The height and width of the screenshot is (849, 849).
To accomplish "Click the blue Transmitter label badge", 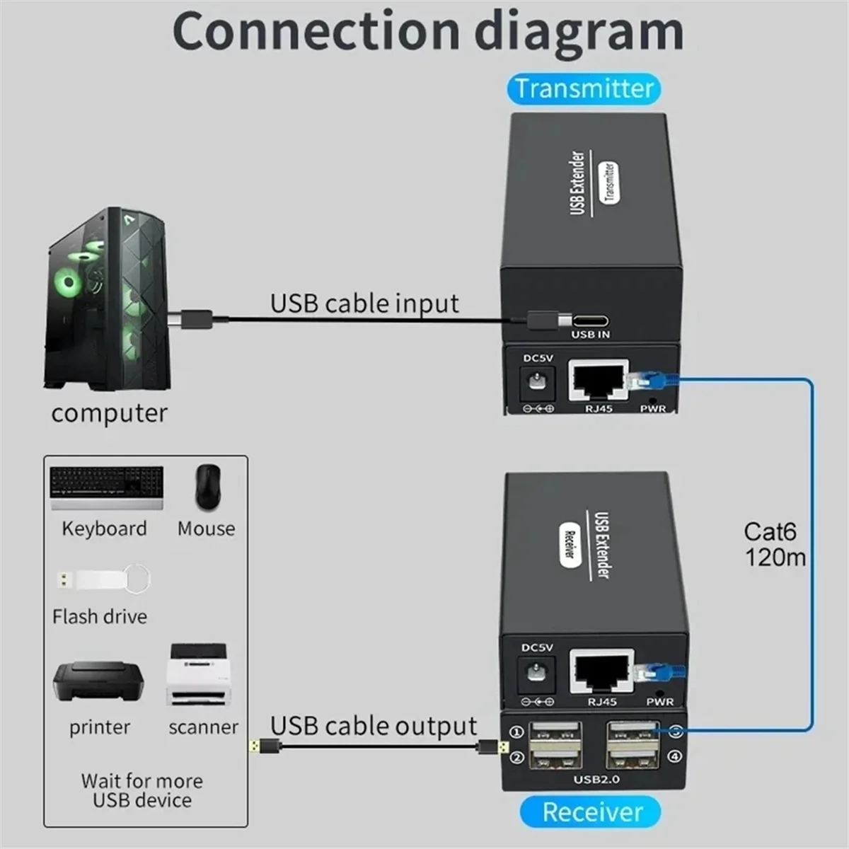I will tap(584, 89).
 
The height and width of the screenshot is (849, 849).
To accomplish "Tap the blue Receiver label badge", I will tap(591, 812).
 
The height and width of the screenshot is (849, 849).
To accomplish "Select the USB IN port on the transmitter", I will tap(591, 320).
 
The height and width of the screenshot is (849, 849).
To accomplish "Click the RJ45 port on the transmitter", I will tap(598, 381).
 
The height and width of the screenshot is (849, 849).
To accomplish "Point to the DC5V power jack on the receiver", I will tap(536, 672).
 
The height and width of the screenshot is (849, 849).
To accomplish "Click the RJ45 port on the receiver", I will tap(601, 672).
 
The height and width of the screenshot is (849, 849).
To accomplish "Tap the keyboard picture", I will tap(107, 487).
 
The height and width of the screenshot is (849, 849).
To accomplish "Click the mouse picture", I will tap(207, 486).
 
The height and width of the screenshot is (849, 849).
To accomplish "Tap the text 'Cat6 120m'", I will tap(773, 544).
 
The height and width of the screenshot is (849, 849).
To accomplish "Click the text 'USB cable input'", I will tap(364, 303).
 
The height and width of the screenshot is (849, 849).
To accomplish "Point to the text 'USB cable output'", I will tap(373, 726).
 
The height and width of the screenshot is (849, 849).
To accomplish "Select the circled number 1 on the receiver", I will tap(517, 732).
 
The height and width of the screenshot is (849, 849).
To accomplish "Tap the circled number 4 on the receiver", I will tap(674, 756).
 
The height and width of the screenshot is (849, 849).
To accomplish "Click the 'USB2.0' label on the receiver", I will tap(596, 779).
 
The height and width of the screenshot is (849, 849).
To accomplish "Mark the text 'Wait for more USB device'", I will tap(142, 790).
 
